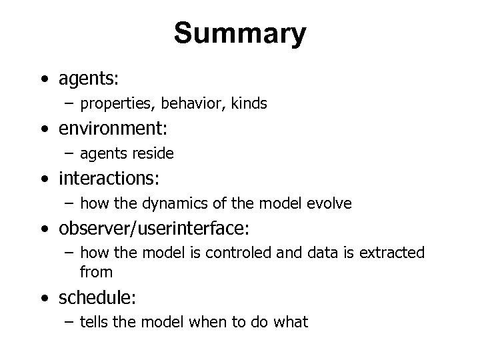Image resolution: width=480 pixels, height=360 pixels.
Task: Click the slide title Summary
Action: coord(240,33)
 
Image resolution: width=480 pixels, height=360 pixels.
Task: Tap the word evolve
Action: coord(327,203)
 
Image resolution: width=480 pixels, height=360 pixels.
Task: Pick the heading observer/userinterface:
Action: coord(154,229)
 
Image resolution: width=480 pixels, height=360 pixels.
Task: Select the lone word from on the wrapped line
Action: coord(96,271)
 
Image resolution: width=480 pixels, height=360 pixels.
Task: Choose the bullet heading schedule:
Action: coord(93,297)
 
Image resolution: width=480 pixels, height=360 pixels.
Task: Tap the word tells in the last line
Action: coord(93,322)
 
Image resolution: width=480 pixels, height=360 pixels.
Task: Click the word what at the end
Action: coord(292,323)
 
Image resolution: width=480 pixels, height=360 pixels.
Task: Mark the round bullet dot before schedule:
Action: coord(44,297)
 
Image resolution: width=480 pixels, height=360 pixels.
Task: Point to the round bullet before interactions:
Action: coord(44,179)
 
